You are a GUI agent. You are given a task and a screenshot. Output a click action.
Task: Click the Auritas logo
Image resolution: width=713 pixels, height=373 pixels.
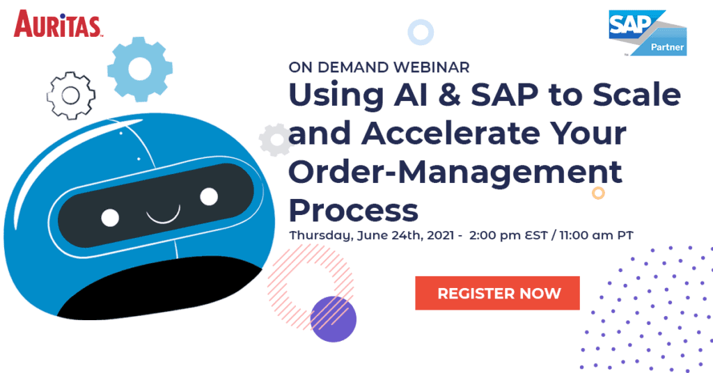point(58,24)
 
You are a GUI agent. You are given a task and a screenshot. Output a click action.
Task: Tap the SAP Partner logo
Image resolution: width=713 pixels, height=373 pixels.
point(648,33)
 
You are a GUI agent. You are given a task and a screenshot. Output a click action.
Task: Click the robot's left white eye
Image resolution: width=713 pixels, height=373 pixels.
point(110,218)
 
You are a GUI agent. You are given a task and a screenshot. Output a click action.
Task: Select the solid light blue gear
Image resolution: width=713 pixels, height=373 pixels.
point(139,69)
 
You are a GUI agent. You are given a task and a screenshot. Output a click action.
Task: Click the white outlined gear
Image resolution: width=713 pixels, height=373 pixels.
point(71,96)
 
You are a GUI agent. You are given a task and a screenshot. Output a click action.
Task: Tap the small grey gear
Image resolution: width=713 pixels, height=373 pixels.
point(276,140)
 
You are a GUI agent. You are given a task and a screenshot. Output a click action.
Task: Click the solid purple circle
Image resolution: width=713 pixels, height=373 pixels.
point(334,319)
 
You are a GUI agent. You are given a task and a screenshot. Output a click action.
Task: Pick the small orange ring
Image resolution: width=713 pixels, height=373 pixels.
point(598,193)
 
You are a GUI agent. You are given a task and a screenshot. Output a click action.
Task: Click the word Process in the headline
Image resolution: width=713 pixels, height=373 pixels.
point(353,210)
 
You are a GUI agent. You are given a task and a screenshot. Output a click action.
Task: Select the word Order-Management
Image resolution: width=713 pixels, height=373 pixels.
point(455,173)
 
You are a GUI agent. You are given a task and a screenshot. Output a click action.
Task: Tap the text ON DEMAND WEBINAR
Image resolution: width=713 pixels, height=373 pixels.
point(379,68)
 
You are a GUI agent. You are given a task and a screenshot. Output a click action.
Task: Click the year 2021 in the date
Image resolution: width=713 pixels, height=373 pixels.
point(440,235)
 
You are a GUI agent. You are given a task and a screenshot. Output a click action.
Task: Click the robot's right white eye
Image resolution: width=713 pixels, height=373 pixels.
point(209,196)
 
